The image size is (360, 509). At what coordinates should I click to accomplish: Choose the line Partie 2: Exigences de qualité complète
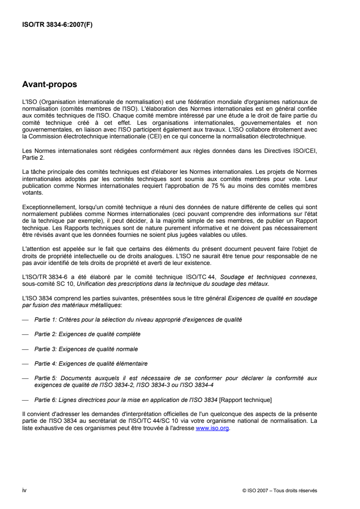tap(88, 334)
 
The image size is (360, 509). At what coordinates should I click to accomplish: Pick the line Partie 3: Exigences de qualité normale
tap(86, 349)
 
